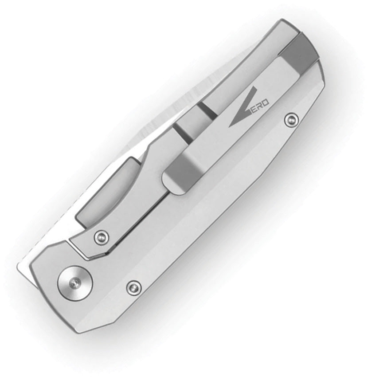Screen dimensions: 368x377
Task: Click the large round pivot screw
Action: [x=74, y=283]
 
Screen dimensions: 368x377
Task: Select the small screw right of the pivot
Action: [x=134, y=287]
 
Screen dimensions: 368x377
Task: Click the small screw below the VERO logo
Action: [x=291, y=119]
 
